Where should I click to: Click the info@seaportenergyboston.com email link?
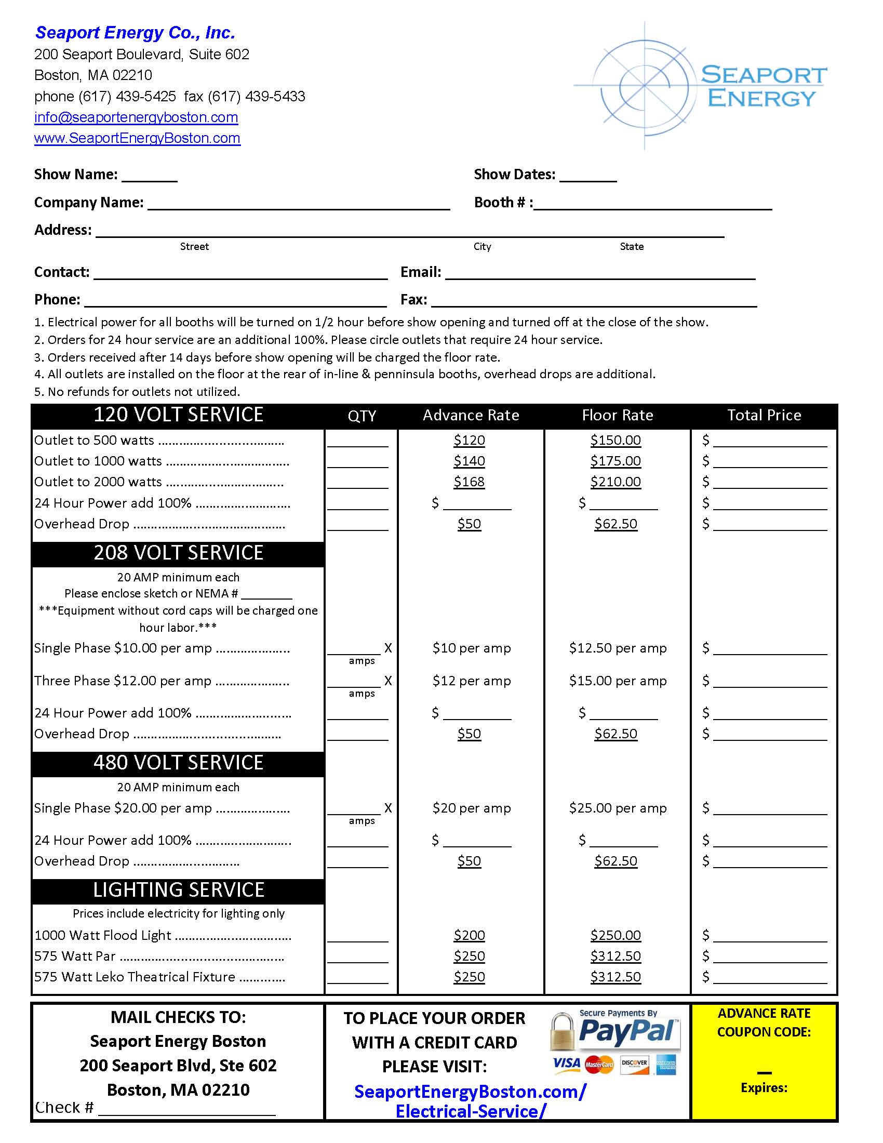[136, 117]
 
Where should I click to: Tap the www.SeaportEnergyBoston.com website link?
[137, 138]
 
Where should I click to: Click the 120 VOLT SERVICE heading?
[178, 415]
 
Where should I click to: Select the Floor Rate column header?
[617, 415]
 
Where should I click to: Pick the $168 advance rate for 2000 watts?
[469, 482]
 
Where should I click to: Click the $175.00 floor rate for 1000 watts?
[616, 461]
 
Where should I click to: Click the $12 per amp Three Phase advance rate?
[471, 681]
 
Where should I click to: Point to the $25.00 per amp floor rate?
[618, 808]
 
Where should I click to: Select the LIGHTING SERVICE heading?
[178, 890]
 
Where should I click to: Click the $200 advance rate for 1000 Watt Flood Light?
[469, 935]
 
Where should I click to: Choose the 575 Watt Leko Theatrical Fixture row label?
[135, 977]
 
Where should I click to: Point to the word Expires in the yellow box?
[764, 1088]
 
